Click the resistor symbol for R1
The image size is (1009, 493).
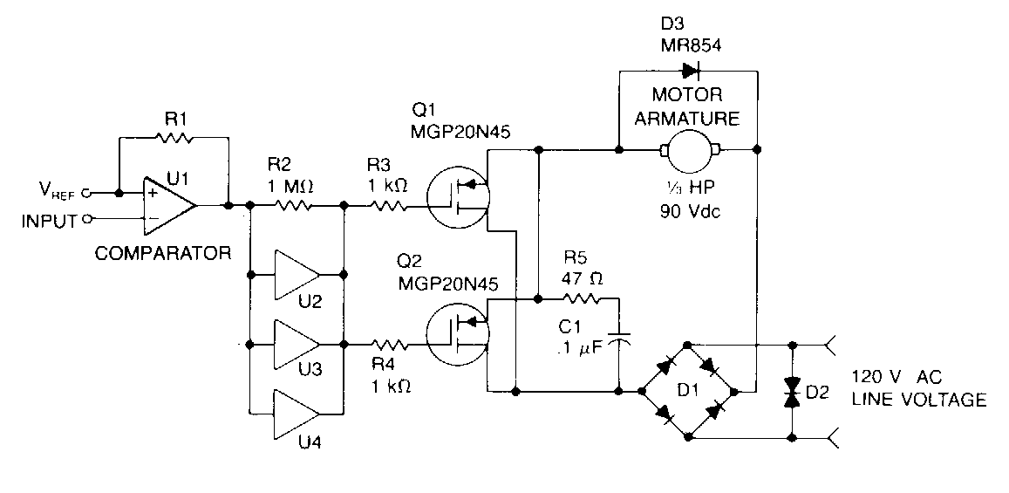coord(172,137)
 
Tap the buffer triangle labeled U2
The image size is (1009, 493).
coord(297,275)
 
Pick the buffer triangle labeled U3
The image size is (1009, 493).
coord(297,343)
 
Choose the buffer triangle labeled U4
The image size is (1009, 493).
coord(297,410)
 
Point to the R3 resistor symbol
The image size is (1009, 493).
coord(386,206)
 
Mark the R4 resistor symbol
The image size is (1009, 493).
coord(386,343)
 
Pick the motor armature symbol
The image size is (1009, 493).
coord(689,150)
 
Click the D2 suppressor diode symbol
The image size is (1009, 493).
coord(792,391)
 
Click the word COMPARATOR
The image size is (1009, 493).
coord(162,254)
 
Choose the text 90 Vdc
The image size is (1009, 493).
coord(690,212)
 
